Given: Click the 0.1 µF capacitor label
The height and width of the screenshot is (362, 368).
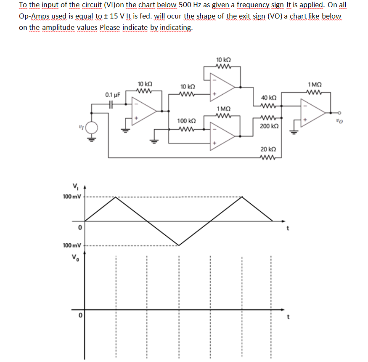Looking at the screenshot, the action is (112, 95).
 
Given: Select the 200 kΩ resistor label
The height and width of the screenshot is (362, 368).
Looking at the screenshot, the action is (268, 126).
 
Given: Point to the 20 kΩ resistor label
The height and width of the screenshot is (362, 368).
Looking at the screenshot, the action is (268, 149).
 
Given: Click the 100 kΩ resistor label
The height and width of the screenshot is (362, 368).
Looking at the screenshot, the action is (185, 121).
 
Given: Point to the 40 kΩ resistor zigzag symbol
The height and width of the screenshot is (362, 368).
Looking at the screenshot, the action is (268, 106).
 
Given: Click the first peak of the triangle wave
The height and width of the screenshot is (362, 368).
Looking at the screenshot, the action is (116, 197).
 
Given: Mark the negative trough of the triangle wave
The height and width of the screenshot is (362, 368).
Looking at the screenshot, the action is (179, 245).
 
